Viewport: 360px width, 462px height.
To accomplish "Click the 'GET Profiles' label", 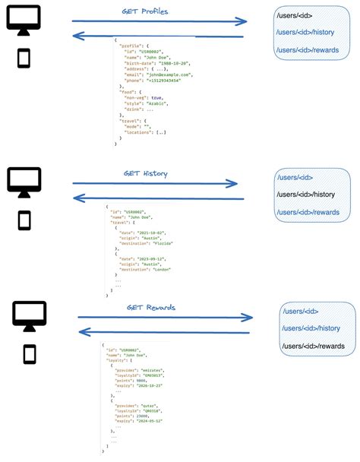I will coord(145,11).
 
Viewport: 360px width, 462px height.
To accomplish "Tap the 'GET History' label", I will coord(146,174).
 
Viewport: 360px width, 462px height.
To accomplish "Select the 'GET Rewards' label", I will coord(151,308).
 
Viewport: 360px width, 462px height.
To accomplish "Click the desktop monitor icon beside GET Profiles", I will coord(24,20).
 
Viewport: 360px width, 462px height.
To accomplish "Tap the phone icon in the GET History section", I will coord(24,220).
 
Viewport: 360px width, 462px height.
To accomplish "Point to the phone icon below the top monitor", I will coord(24,59).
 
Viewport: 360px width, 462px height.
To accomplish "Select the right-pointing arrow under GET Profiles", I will coord(159,21).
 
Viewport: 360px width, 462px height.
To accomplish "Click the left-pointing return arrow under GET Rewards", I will coord(164,332).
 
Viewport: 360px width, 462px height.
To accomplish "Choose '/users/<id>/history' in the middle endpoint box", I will coord(305,195).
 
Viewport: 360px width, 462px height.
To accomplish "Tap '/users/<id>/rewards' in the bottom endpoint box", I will coord(313,346).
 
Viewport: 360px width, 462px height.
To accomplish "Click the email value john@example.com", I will coord(169,74).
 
